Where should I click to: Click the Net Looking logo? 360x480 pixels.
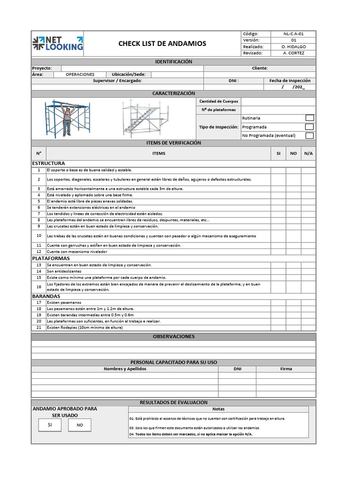[x=58, y=44]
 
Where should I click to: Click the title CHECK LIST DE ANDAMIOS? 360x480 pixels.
[x=162, y=44]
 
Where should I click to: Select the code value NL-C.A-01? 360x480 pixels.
[x=293, y=34]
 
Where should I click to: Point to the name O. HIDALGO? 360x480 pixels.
[x=293, y=47]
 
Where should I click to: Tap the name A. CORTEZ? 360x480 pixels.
[x=293, y=53]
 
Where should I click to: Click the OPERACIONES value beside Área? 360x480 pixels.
[x=80, y=75]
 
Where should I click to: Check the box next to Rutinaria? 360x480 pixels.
[x=309, y=118]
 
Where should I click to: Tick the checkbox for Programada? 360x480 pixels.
[x=309, y=127]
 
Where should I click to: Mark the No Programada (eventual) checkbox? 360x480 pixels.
[x=309, y=136]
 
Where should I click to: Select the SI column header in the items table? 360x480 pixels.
[x=278, y=153]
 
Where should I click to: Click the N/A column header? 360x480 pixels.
[x=308, y=153]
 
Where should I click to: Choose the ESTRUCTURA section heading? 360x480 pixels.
[x=48, y=163]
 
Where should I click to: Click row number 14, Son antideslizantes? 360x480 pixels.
[x=64, y=271]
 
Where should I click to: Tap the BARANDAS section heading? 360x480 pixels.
[x=46, y=296]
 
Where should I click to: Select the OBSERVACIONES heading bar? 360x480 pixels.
[x=173, y=337]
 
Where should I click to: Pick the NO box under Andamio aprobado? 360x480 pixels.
[x=80, y=425]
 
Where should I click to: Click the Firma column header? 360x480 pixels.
[x=286, y=369]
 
